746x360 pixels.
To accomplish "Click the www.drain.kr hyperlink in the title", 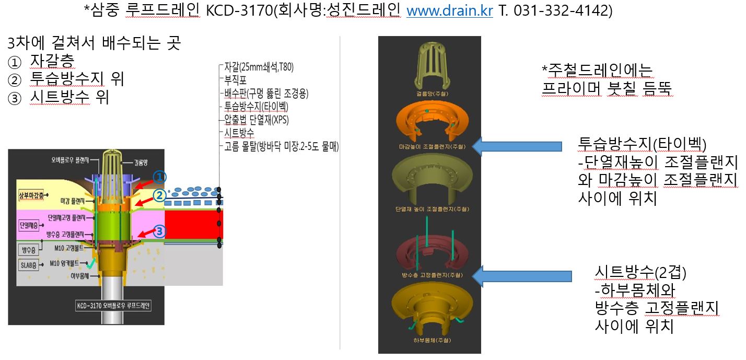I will pos(449,11).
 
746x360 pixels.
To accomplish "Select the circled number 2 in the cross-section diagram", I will pos(159,195).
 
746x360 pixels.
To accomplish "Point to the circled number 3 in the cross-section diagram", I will pos(159,231).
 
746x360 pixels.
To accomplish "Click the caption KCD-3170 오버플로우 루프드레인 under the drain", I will pos(113,306).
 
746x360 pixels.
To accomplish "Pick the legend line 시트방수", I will pos(239,132).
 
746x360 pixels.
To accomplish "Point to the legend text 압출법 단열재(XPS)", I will pos(256,119).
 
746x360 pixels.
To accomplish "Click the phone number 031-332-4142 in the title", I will pos(563,11).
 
